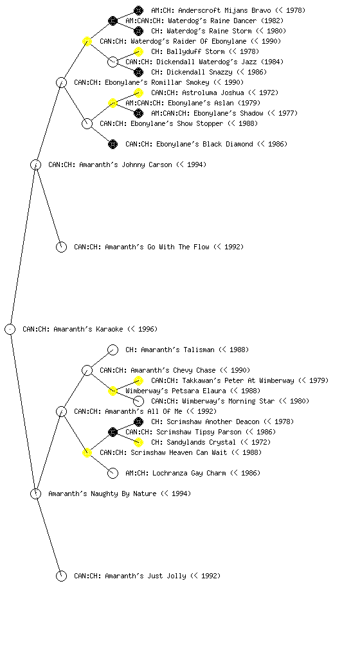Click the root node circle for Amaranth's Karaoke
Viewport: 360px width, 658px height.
pyautogui.click(x=10, y=329)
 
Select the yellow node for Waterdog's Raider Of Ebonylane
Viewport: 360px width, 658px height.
pyautogui.click(x=87, y=41)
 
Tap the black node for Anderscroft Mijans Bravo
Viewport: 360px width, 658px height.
pyautogui.click(x=138, y=10)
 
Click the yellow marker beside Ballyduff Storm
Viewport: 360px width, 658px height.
pyautogui.click(x=138, y=51)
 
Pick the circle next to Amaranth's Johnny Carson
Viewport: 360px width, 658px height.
pyautogui.click(x=35, y=164)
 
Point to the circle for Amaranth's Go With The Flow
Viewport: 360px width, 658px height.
pyautogui.click(x=61, y=247)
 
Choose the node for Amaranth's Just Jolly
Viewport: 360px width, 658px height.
pyautogui.click(x=61, y=576)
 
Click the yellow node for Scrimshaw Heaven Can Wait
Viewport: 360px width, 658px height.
pyautogui.click(x=87, y=452)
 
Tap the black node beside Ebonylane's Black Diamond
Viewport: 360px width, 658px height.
pyautogui.click(x=113, y=144)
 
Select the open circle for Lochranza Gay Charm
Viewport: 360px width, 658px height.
pyautogui.click(x=113, y=473)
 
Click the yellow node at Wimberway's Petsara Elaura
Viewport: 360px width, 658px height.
pyautogui.click(x=113, y=391)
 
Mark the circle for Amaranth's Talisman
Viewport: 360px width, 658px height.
pyautogui.click(x=113, y=350)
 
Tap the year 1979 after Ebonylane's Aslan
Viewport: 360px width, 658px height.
pyautogui.click(x=249, y=103)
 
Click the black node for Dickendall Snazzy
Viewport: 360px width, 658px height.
pyautogui.click(x=138, y=72)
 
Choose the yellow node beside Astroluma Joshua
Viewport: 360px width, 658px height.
pyautogui.click(x=138, y=93)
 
